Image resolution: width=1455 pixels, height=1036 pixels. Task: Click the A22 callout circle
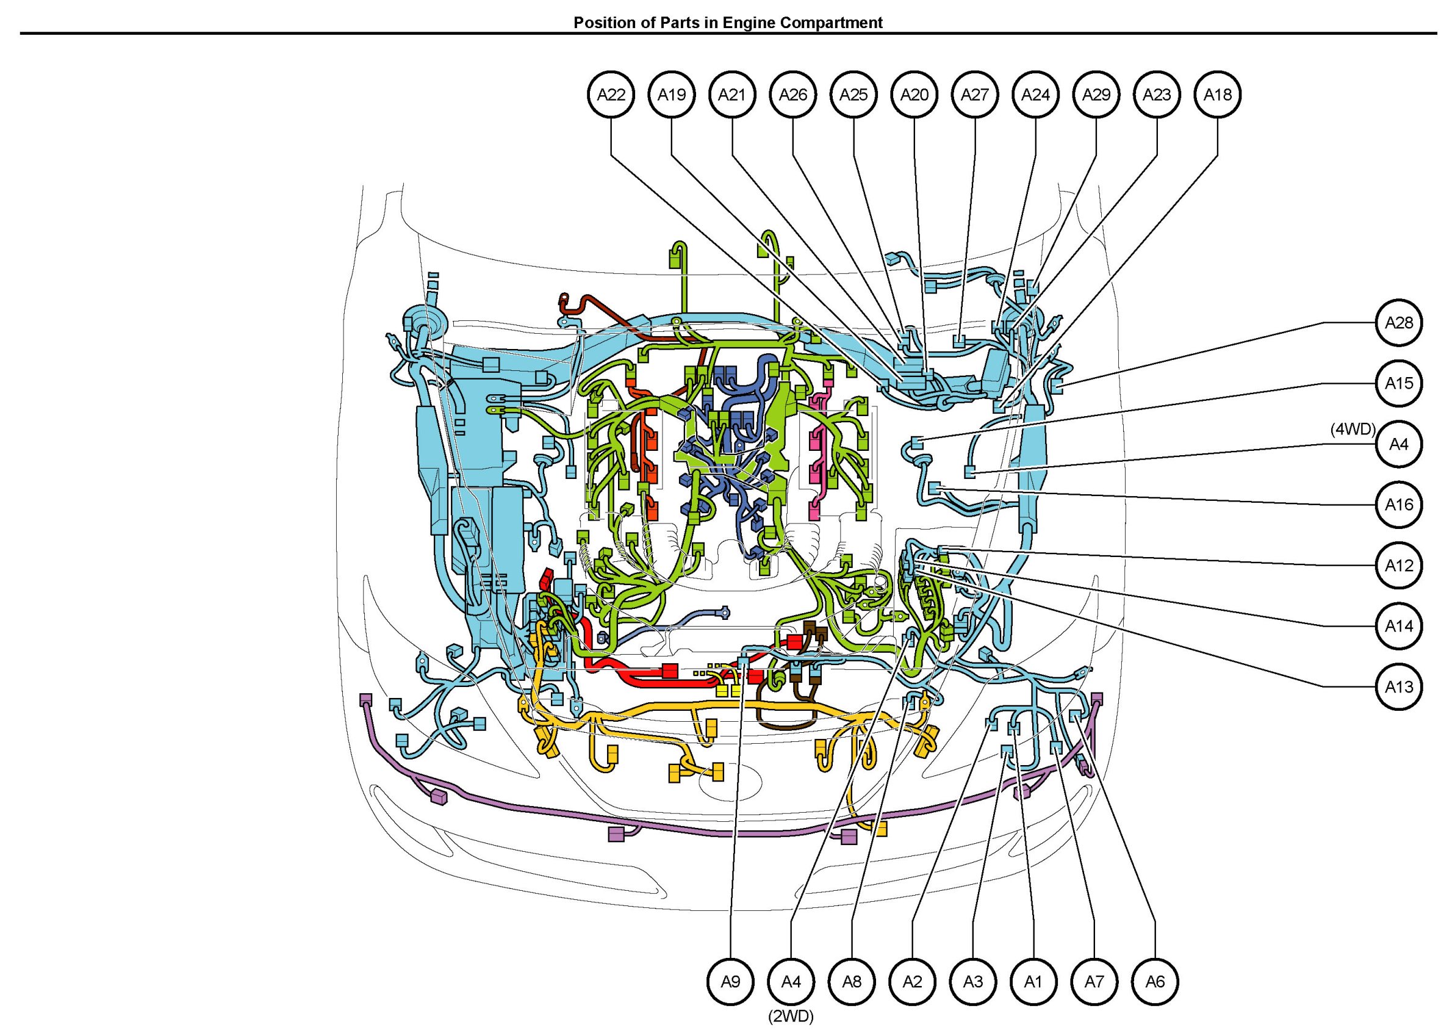click(611, 95)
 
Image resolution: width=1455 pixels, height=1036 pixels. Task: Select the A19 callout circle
click(672, 95)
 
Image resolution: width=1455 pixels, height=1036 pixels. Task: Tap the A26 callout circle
click(793, 95)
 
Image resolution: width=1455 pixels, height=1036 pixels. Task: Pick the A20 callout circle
click(914, 95)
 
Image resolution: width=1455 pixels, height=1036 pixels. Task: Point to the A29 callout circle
click(1096, 95)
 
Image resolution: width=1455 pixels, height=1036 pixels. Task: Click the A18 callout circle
click(1218, 95)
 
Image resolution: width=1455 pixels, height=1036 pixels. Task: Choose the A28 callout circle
click(1399, 323)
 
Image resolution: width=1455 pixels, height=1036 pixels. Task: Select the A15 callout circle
click(1399, 383)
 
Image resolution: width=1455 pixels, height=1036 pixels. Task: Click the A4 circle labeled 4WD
click(1399, 444)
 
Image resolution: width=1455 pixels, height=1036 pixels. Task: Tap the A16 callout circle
click(1399, 505)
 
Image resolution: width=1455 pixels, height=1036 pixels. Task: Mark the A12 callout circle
click(1399, 565)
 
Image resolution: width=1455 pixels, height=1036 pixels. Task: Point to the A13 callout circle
click(1399, 687)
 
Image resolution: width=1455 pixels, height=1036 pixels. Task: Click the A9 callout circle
click(730, 982)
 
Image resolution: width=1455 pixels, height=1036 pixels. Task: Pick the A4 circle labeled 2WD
click(791, 982)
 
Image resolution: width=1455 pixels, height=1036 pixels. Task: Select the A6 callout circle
click(1155, 982)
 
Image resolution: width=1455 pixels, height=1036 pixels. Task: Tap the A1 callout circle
click(1033, 982)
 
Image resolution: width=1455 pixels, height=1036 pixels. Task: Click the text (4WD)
click(1353, 430)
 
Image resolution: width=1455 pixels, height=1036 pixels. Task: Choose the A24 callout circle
click(1035, 95)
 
